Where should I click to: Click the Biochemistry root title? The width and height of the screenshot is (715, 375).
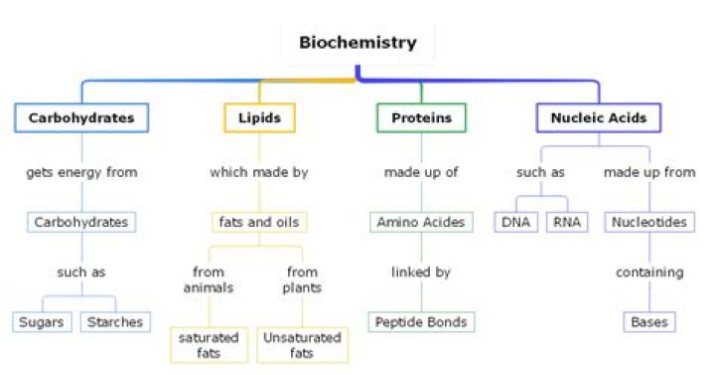point(358,43)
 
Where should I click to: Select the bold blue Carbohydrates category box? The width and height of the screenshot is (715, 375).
point(81,117)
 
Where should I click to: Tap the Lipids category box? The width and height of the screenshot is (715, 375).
point(259,117)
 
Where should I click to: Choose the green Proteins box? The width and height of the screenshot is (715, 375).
point(421,117)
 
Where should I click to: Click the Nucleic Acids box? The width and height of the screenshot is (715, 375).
point(599,117)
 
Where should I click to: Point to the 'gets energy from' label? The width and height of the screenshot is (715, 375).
point(81,172)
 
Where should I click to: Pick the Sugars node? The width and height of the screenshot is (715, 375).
point(43,321)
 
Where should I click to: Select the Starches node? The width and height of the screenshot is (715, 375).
point(115,321)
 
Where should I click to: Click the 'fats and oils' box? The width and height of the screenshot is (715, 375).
point(259,222)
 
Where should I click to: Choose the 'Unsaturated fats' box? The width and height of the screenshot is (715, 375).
point(302,345)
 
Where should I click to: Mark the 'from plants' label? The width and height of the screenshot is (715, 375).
point(302,280)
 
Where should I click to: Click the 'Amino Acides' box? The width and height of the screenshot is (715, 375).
point(421,222)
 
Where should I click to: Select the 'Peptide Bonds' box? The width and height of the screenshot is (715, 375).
point(421,321)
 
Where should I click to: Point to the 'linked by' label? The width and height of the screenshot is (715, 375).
point(421,272)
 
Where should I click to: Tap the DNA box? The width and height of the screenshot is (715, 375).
point(516,222)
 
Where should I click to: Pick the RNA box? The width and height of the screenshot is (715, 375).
point(566,222)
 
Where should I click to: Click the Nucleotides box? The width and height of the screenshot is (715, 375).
point(649,222)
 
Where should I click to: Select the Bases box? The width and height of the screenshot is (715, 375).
point(649,321)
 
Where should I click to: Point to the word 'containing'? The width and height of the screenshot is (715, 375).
point(649,272)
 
